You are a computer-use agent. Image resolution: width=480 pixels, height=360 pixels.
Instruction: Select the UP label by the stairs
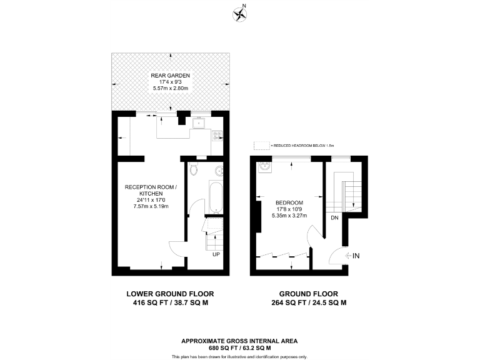216,255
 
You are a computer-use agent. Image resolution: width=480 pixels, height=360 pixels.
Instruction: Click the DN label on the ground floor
334,217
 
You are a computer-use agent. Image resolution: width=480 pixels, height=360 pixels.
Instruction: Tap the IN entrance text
356,256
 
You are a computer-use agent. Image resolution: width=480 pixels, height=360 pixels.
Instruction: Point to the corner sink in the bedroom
263,167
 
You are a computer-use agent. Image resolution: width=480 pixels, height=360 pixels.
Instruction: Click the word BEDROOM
289,202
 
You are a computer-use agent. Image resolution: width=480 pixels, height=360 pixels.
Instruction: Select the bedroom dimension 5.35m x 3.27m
289,216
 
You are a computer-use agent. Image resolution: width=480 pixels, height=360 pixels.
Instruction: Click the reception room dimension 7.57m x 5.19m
151,206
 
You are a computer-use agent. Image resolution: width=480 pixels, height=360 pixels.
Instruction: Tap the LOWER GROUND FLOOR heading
170,294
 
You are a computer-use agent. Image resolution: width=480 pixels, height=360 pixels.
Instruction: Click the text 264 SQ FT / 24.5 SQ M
308,302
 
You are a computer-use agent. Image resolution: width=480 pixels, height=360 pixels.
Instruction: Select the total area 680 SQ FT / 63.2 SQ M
239,347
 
